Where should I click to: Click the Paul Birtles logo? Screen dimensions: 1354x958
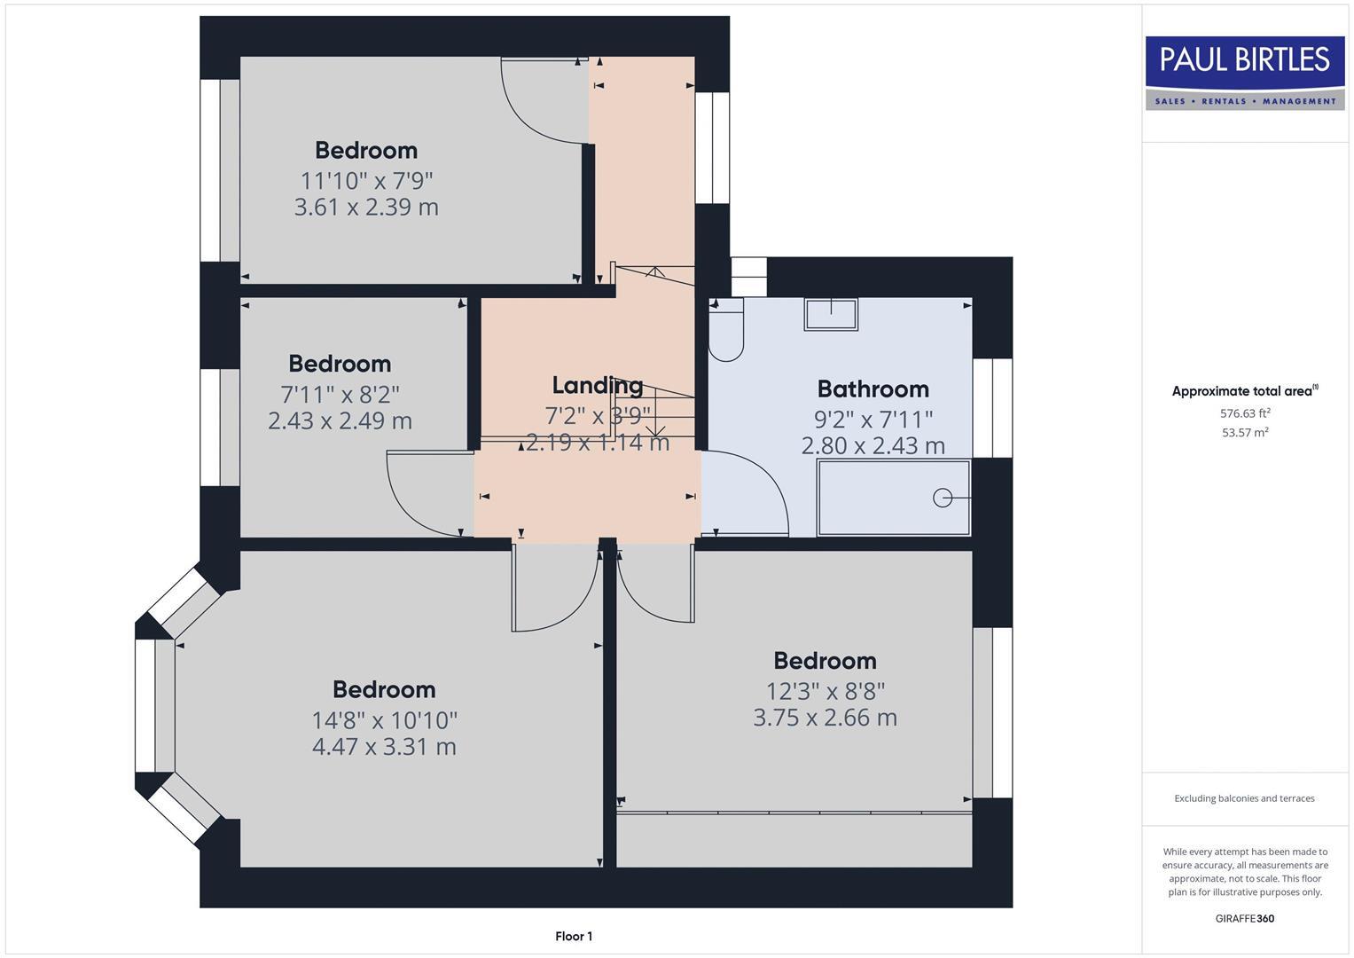[1245, 73]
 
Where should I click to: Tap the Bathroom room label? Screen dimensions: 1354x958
[873, 389]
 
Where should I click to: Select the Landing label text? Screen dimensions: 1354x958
[598, 385]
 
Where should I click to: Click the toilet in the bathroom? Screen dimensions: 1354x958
[726, 330]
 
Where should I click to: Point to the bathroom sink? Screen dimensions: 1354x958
[831, 315]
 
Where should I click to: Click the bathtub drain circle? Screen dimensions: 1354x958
[943, 498]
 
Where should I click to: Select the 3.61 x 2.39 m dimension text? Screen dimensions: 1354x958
[366, 207]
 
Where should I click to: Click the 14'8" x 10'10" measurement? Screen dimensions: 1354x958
[385, 720]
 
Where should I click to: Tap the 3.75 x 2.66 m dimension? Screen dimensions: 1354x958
[826, 718]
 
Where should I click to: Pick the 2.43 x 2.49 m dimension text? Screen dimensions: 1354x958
[340, 420]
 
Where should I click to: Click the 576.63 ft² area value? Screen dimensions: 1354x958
[1245, 413]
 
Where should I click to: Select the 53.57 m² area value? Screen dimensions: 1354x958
[1245, 433]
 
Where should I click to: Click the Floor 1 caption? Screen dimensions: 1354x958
[574, 936]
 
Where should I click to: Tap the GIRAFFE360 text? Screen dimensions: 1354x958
[1245, 919]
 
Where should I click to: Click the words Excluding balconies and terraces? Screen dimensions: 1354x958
[1245, 798]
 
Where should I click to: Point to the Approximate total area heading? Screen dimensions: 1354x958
[1245, 390]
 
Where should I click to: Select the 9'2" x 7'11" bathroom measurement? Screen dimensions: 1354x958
[873, 419]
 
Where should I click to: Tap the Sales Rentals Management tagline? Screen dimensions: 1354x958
[1245, 101]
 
